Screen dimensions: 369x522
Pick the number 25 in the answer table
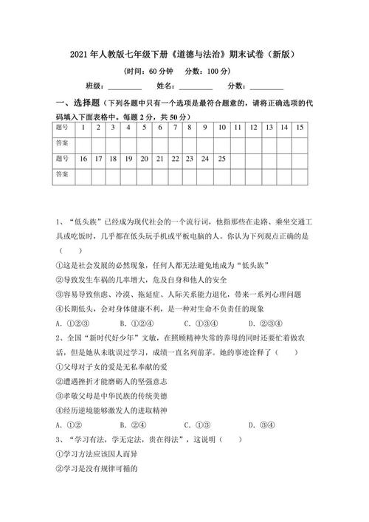[x=222, y=159]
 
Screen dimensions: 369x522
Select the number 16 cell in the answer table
[x=83, y=159]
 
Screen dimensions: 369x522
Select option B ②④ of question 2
[x=132, y=424]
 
